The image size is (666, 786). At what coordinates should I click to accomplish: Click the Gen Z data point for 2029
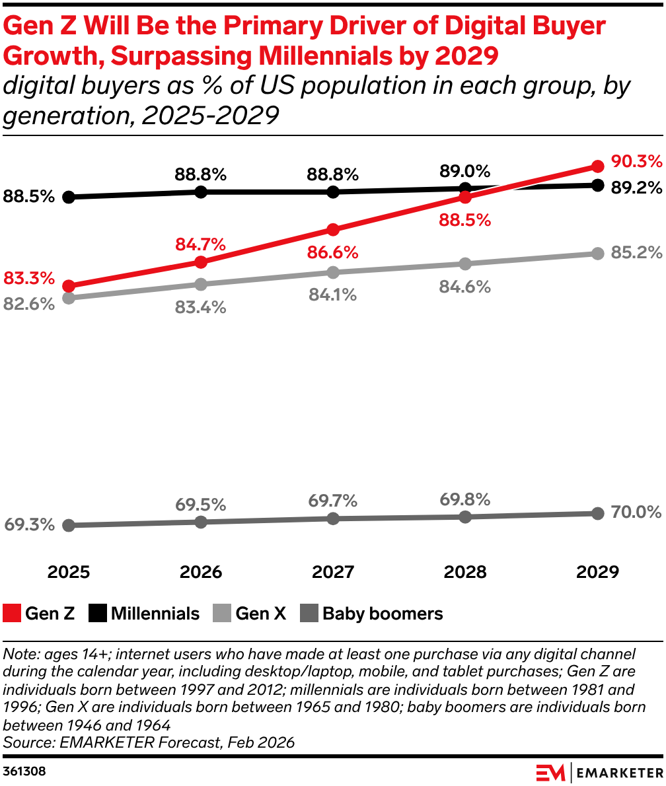tap(597, 166)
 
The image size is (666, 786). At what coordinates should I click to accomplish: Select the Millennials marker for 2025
tap(69, 197)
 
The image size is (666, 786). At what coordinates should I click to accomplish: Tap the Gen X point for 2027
tap(333, 272)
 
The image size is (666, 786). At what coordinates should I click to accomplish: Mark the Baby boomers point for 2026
tap(201, 522)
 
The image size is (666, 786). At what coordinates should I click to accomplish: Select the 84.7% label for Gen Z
tap(200, 244)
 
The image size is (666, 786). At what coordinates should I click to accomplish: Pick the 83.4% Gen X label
tap(200, 307)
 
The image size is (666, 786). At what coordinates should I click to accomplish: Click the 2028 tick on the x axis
tap(465, 571)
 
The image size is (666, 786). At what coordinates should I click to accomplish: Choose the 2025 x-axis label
tap(69, 571)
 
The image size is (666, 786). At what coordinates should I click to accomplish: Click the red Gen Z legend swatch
tap(12, 614)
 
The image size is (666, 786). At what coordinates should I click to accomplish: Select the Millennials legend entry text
tap(155, 614)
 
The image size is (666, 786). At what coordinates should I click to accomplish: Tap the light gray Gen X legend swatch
tap(222, 614)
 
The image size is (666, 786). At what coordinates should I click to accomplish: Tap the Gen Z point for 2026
tap(201, 262)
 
